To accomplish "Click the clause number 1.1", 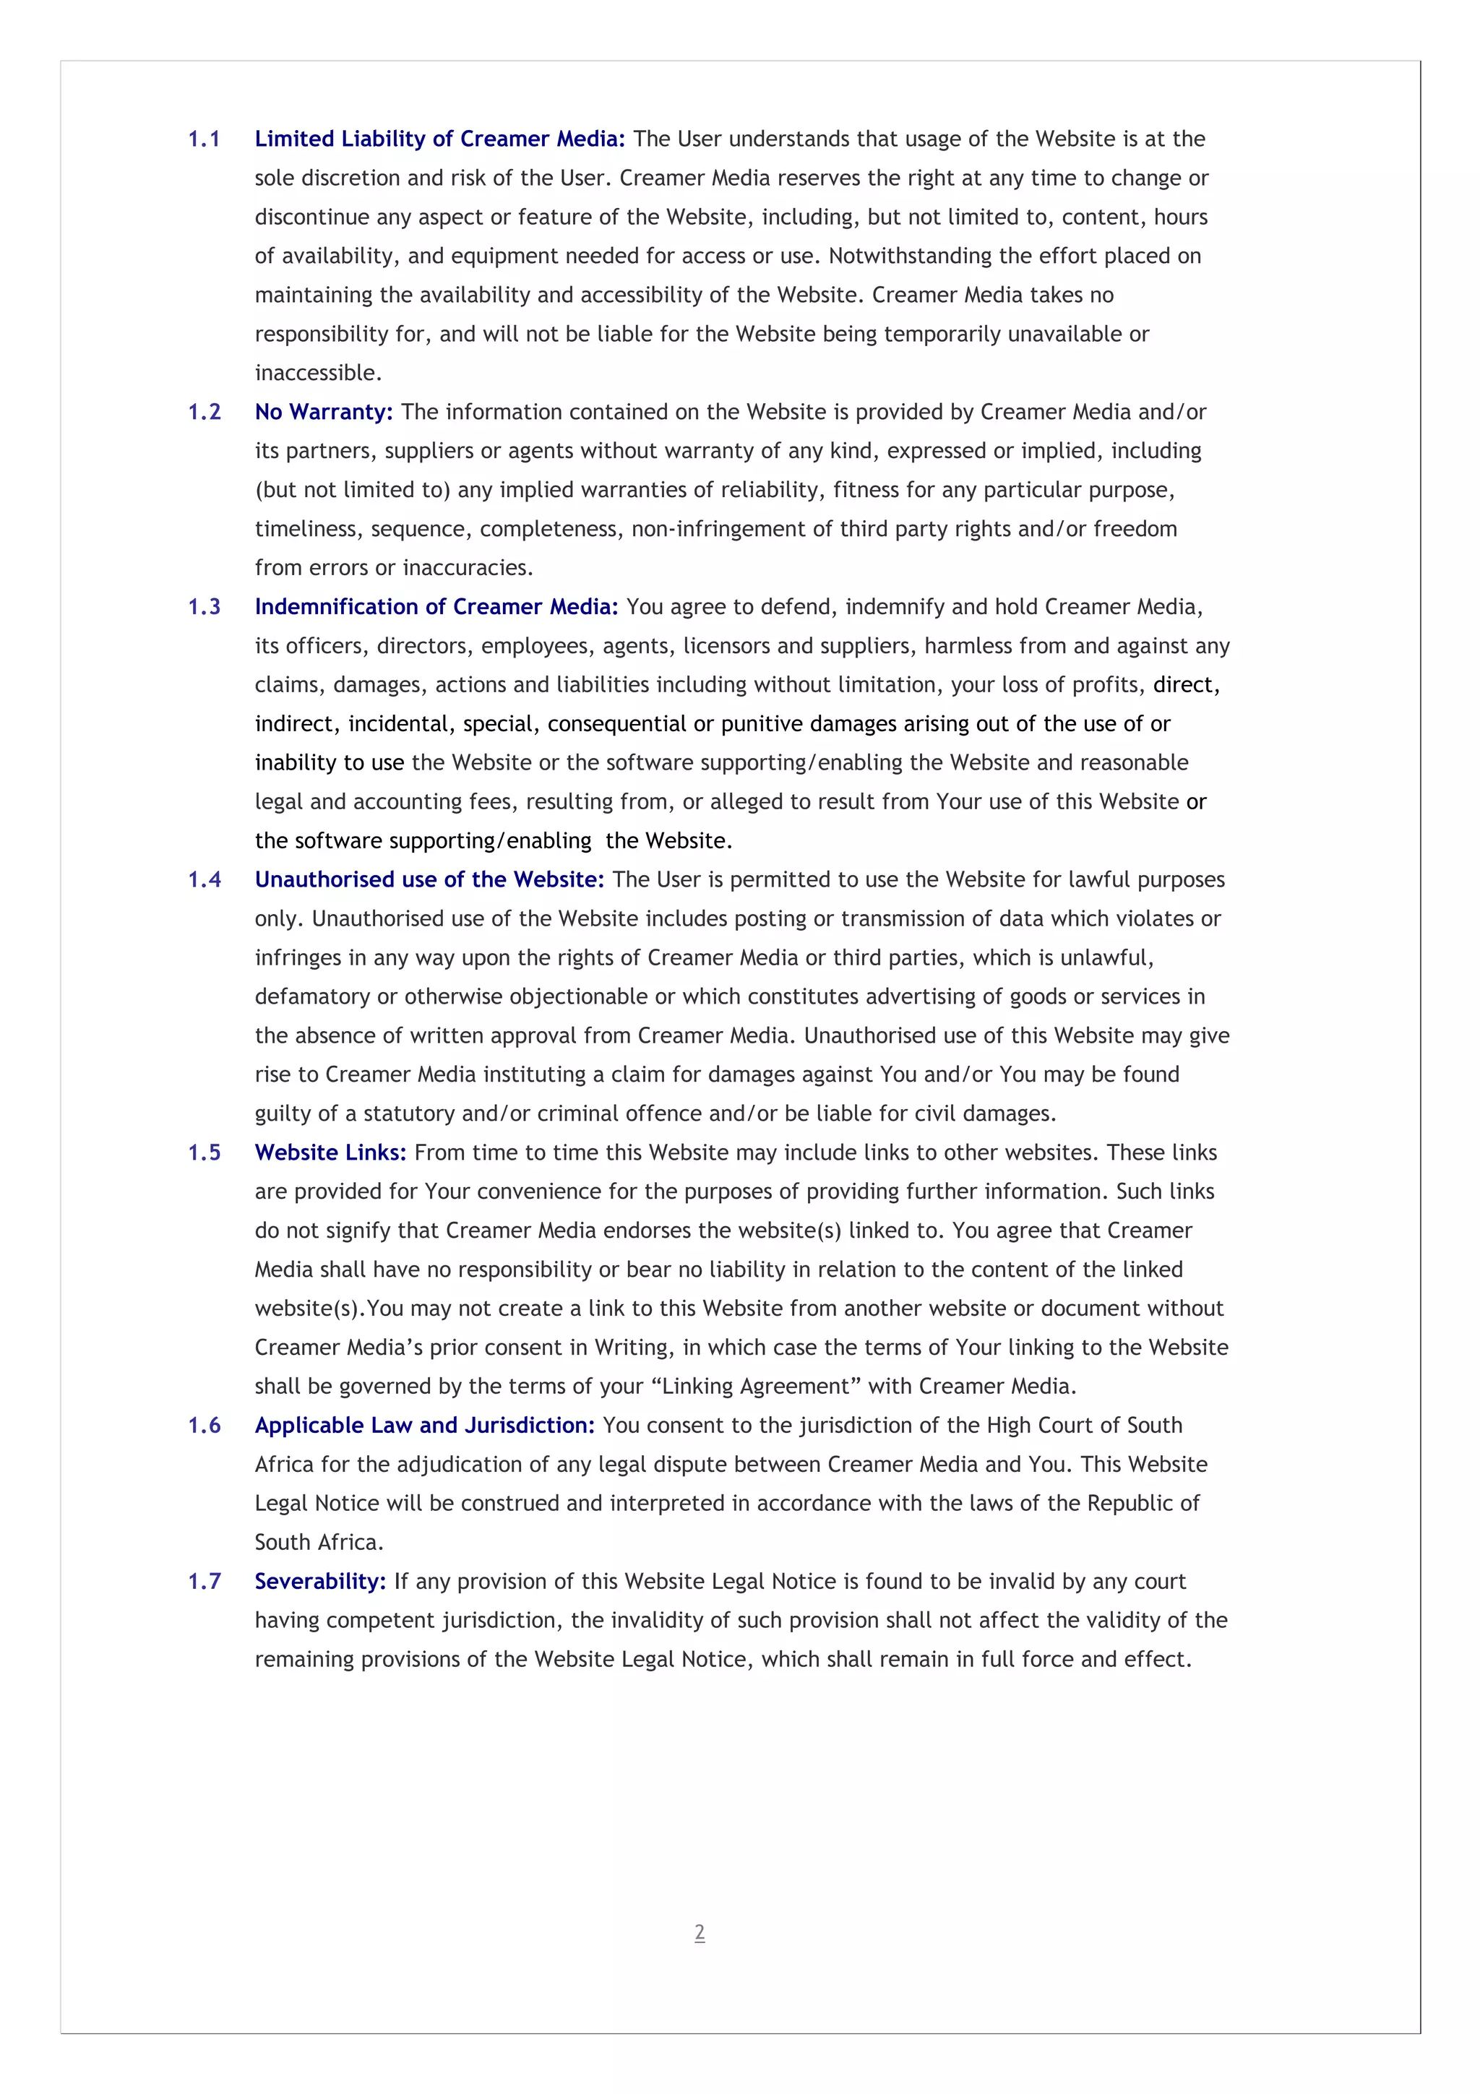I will click(x=205, y=139).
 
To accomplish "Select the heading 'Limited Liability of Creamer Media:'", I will click(x=439, y=139).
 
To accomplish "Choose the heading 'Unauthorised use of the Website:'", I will click(x=429, y=879).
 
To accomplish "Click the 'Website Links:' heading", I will click(x=330, y=1152).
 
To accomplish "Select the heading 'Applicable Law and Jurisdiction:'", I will click(x=424, y=1425).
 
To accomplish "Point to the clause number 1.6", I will click(x=205, y=1425).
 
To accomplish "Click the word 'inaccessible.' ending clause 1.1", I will click(x=318, y=373).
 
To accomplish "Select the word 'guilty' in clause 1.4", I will click(x=283, y=1113).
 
